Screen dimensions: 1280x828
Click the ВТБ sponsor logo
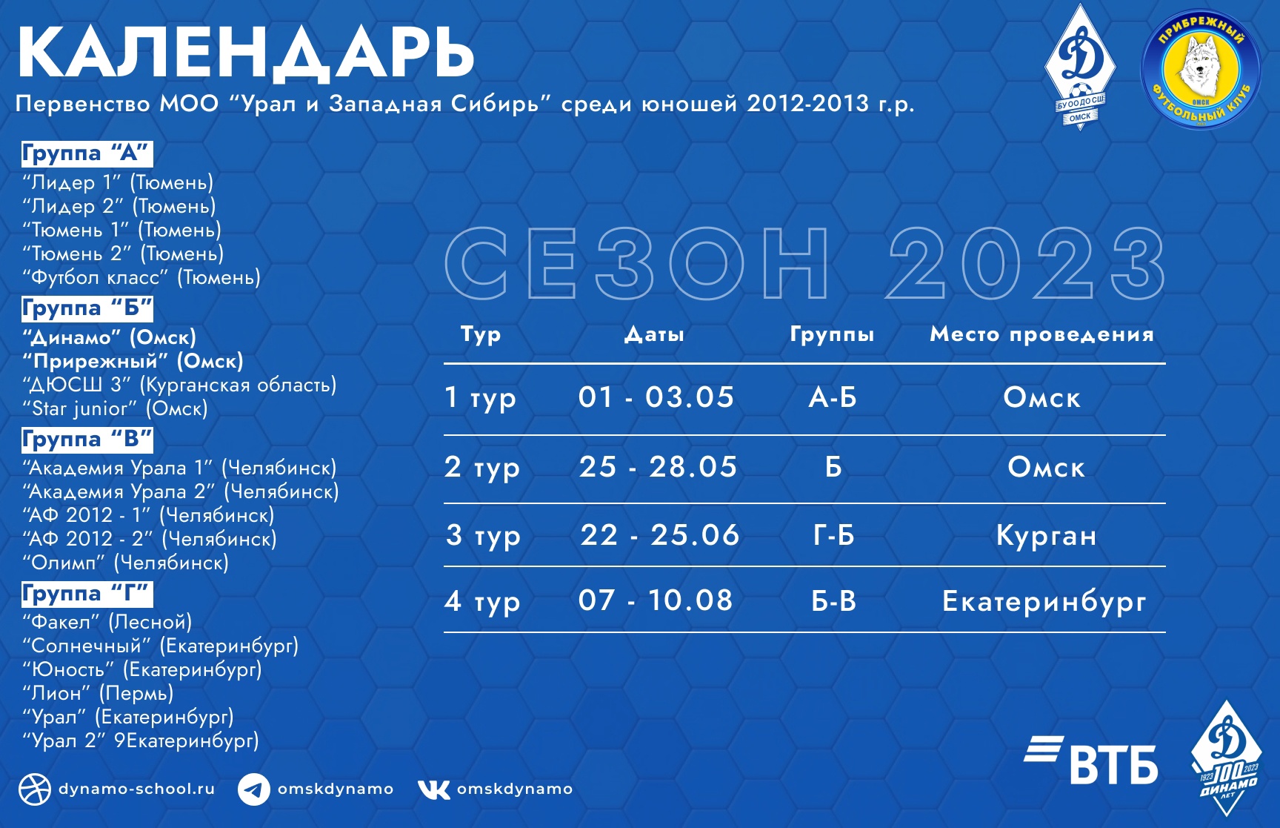pyautogui.click(x=1091, y=760)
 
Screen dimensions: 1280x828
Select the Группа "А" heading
pyautogui.click(x=87, y=153)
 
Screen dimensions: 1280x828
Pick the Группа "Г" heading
pyautogui.click(x=87, y=594)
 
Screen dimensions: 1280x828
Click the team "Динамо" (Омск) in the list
pyautogui.click(x=110, y=337)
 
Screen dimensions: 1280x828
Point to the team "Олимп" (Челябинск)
pyautogui.click(x=126, y=563)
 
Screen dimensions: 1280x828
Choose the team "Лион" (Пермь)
pyautogui.click(x=98, y=693)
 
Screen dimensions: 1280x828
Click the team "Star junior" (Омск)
pyautogui.click(x=115, y=408)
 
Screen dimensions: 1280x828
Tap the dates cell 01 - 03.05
pyautogui.click(x=656, y=397)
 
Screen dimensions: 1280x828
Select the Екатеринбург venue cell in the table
pyautogui.click(x=1044, y=601)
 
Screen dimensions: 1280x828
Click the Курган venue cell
pyautogui.click(x=1046, y=535)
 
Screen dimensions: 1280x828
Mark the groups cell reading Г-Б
pyautogui.click(x=833, y=535)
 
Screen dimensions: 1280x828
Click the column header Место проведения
pyautogui.click(x=1042, y=334)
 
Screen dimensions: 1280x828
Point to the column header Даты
pyautogui.click(x=654, y=335)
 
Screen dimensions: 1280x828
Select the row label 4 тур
pyautogui.click(x=482, y=601)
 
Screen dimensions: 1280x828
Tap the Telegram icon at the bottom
pyautogui.click(x=254, y=789)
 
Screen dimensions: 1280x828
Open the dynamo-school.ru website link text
pyautogui.click(x=137, y=789)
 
